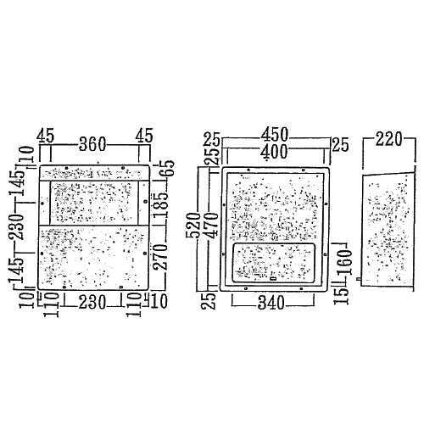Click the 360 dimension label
pos(92,144)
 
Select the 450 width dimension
pos(274,135)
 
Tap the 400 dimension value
pos(274,153)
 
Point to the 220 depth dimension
pos(388,139)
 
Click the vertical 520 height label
pos(193,226)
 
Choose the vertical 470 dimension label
pos(212,226)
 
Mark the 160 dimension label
pos(344,262)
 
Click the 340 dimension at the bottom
pos(271,303)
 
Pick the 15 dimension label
pos(340,296)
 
